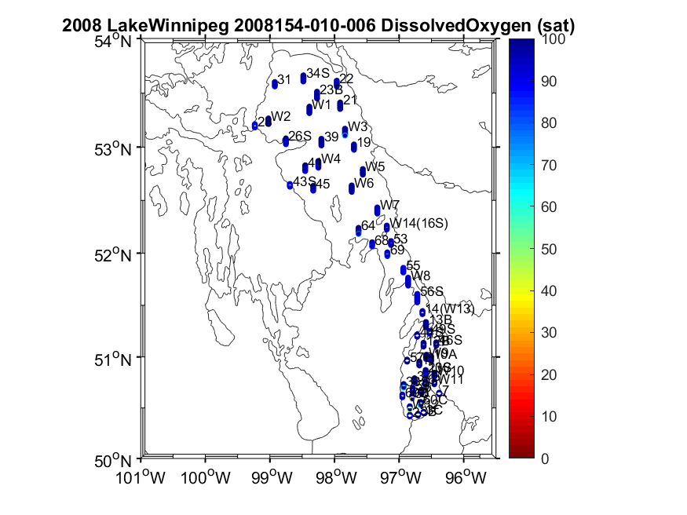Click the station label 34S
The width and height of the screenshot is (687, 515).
(x=318, y=73)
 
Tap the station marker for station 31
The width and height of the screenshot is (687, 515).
(x=275, y=83)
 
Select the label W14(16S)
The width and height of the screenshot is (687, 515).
(x=419, y=224)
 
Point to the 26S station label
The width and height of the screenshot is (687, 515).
(x=300, y=137)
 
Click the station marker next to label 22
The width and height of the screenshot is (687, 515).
(x=337, y=82)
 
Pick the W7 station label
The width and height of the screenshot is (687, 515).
(x=389, y=206)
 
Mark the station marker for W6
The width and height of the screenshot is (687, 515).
(x=352, y=188)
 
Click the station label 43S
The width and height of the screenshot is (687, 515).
(x=305, y=182)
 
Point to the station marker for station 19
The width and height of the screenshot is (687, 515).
(x=354, y=147)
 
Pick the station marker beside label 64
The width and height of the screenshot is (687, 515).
(x=359, y=230)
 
